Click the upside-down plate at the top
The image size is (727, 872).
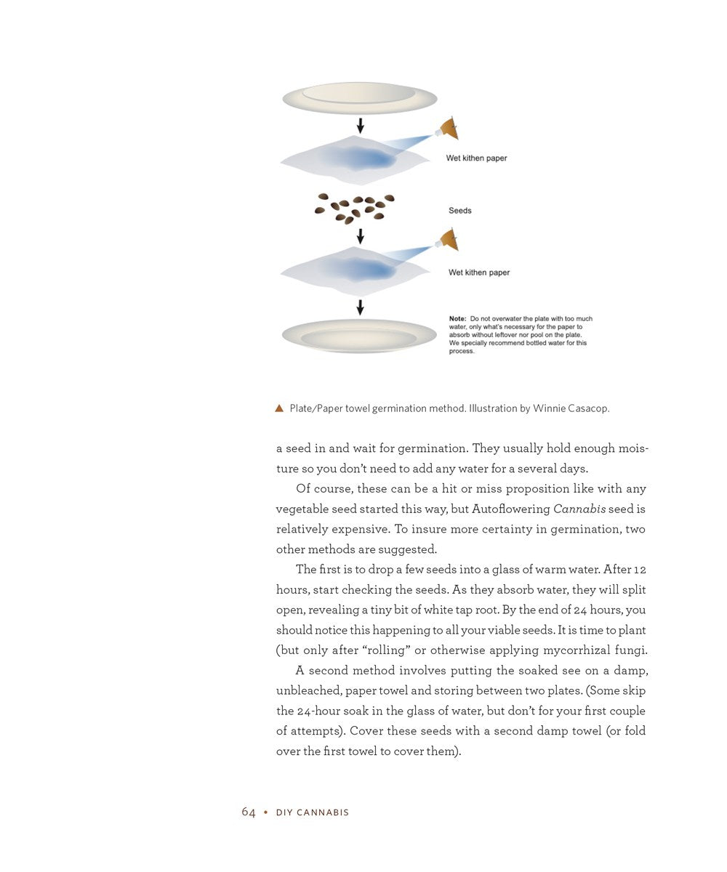coord(360,98)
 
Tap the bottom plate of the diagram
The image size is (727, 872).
coord(359,336)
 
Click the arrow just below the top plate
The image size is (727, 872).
coord(360,126)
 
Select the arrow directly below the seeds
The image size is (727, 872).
coord(360,236)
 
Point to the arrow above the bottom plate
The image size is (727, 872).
coord(360,307)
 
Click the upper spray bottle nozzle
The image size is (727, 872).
coord(448,129)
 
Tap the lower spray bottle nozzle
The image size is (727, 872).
coord(448,240)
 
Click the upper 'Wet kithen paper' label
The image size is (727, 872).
coord(476,158)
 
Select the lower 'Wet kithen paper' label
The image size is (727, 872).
coord(479,272)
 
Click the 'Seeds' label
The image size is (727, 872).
coord(460,211)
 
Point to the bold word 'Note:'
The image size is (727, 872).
coord(457,319)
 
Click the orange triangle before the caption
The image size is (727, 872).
coord(279,408)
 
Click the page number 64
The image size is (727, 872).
coord(249,812)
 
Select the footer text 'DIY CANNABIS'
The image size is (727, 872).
coord(313,812)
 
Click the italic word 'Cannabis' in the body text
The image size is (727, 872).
coord(579,509)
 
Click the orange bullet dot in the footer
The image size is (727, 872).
coord(266,812)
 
